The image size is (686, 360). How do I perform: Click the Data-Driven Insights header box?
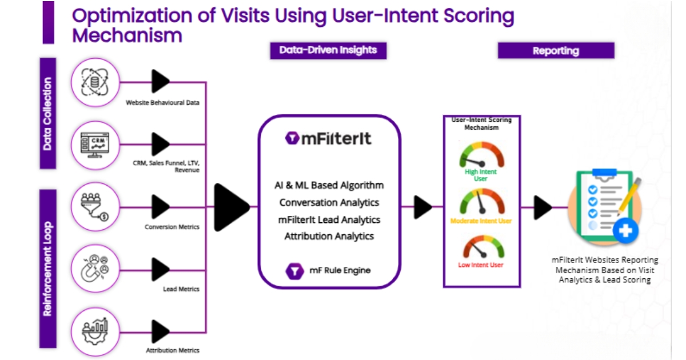[x=328, y=50]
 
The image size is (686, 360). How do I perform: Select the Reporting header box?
[x=556, y=51]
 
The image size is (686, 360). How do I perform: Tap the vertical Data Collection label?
[x=47, y=113]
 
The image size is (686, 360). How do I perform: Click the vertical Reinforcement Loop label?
[x=47, y=269]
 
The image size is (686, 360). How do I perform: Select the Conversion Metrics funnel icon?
[x=95, y=207]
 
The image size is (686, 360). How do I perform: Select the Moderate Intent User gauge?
[x=481, y=202]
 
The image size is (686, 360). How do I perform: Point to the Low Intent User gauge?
[x=481, y=249]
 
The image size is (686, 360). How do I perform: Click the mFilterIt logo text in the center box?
[x=329, y=138]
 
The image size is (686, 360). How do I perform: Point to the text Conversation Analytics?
[x=329, y=202]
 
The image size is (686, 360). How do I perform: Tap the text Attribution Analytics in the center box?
[x=329, y=236]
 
